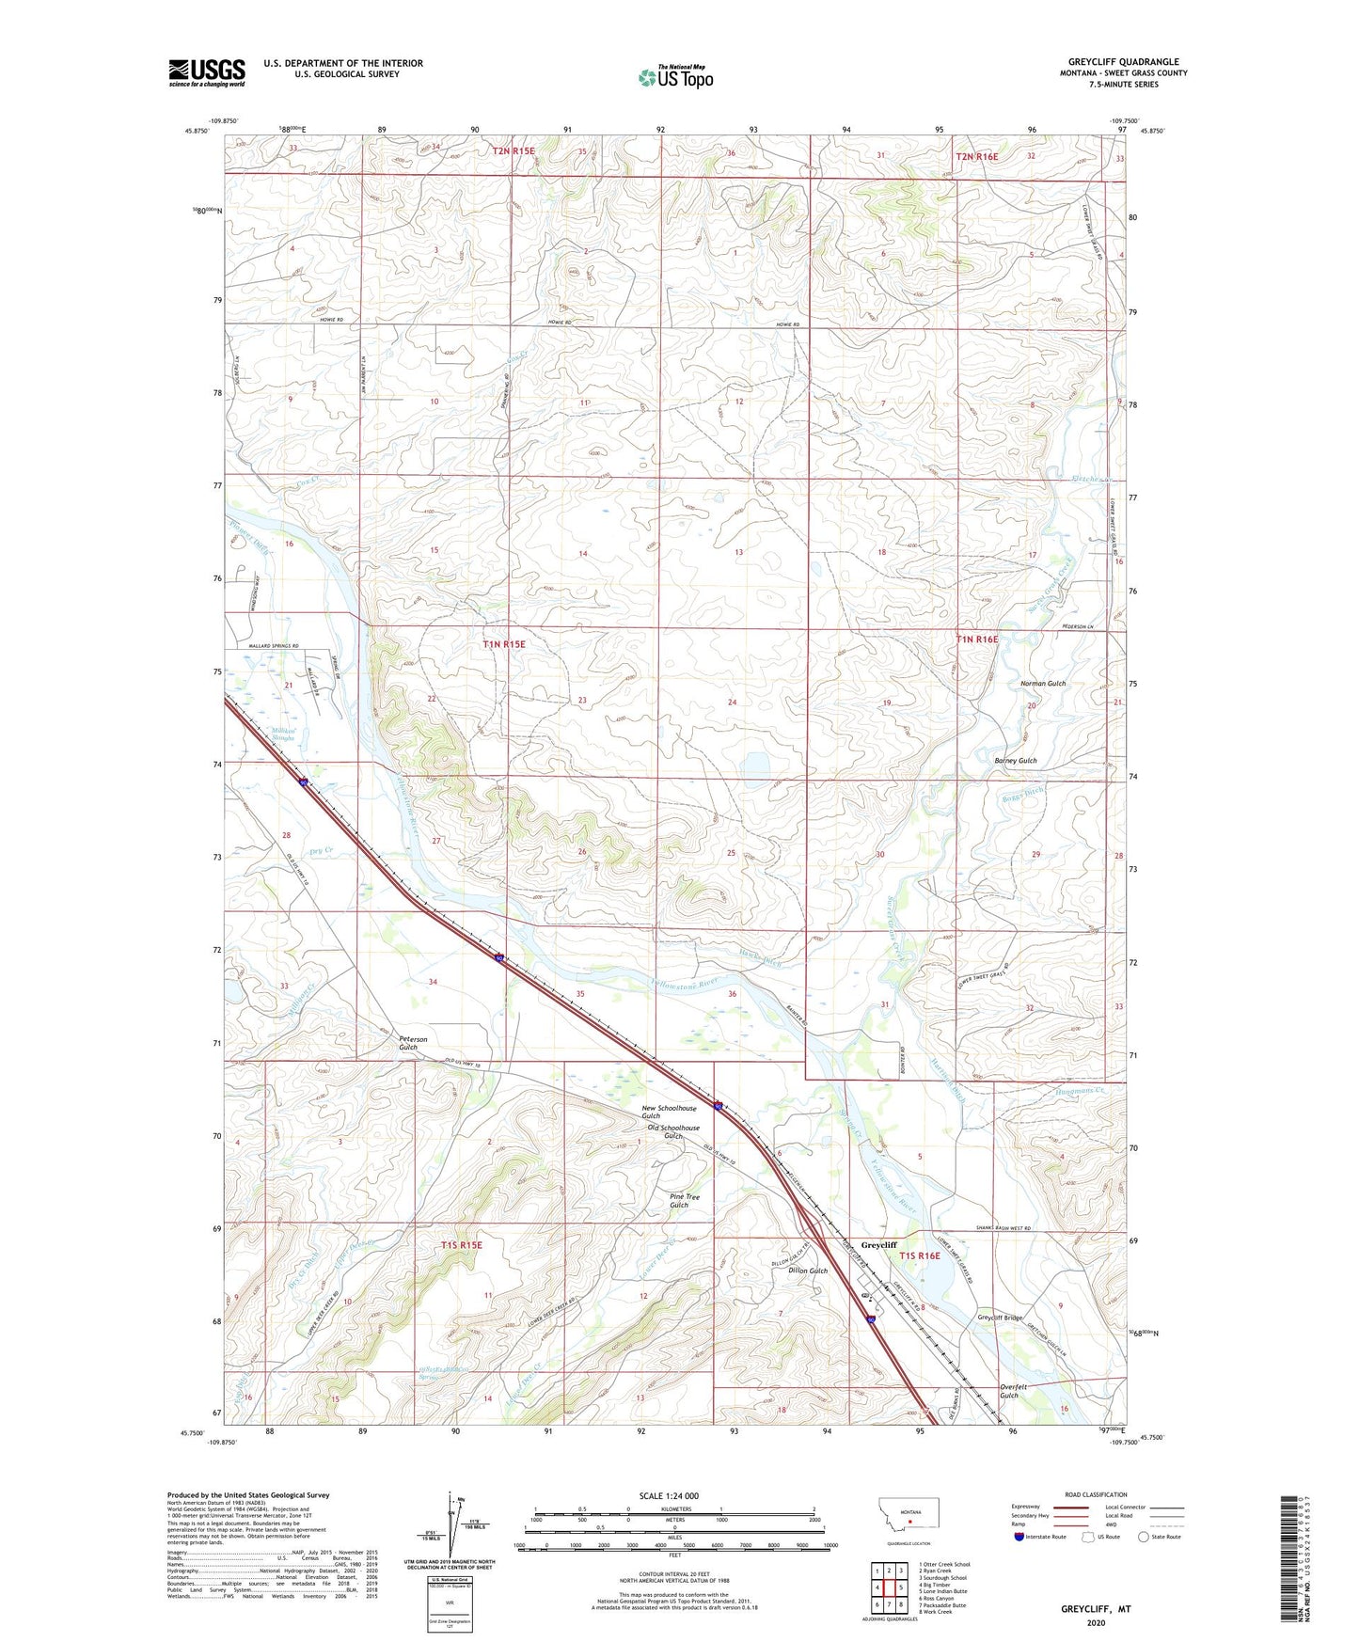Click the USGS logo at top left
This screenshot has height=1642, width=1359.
point(207,72)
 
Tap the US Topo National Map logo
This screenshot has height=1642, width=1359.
point(675,76)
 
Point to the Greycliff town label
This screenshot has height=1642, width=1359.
point(879,1244)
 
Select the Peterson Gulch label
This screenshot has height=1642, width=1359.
point(413,1043)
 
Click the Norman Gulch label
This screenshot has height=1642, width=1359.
point(1043,683)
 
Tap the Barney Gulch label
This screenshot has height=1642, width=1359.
point(1016,760)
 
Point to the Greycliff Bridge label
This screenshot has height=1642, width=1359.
point(1000,1318)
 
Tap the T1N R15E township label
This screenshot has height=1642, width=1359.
point(504,644)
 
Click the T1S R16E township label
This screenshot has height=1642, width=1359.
point(919,1255)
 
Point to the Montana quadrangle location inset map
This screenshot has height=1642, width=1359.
point(908,1517)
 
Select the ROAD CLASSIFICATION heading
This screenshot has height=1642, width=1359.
point(1096,1494)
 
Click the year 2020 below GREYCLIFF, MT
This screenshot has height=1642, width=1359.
point(1096,1623)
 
